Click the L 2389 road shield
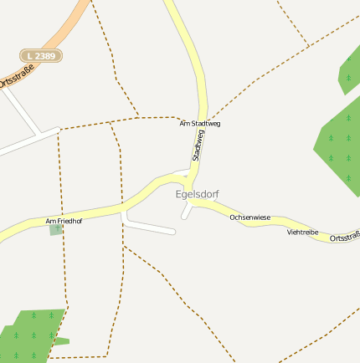pyautogui.click(x=41, y=55)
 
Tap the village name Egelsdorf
pyautogui.click(x=197, y=194)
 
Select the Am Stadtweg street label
pyautogui.click(x=200, y=124)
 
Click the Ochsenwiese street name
pyautogui.click(x=250, y=217)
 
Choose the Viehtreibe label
pyautogui.click(x=302, y=232)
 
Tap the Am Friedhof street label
pyautogui.click(x=64, y=221)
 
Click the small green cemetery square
pyautogui.click(x=56, y=229)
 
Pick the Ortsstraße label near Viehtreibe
pyautogui.click(x=344, y=239)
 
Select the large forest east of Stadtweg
pyautogui.click(x=339, y=142)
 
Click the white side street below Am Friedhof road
pyautogui.click(x=151, y=227)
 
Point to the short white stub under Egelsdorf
pyautogui.click(x=187, y=212)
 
